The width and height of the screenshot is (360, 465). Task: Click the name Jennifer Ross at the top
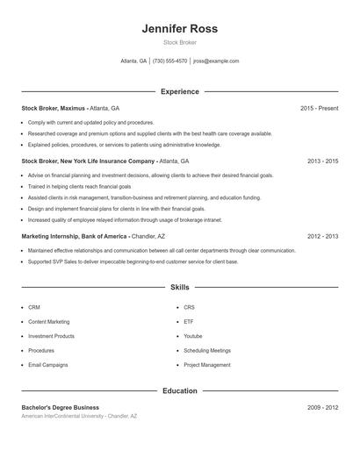179,28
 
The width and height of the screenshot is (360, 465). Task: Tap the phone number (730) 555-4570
169,61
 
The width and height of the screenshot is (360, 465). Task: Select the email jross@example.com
216,61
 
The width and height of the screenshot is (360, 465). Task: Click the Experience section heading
179,91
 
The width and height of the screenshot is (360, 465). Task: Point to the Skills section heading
179,287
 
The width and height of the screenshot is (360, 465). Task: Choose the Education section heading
179,390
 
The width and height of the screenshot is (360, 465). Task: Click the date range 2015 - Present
319,108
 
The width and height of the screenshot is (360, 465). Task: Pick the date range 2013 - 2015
322,161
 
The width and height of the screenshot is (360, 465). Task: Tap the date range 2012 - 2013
322,236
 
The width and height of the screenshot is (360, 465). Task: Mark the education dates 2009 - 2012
322,407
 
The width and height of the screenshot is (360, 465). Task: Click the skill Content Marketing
49,322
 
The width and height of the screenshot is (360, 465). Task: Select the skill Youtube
193,336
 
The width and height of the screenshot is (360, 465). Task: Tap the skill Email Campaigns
47,365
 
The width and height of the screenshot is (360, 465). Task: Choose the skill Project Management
207,365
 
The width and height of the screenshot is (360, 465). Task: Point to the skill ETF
189,322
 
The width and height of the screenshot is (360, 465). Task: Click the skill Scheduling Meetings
207,350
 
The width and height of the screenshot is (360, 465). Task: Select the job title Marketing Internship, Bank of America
75,236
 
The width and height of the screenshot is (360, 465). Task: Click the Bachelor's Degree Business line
60,407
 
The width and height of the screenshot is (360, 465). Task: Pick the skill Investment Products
51,336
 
